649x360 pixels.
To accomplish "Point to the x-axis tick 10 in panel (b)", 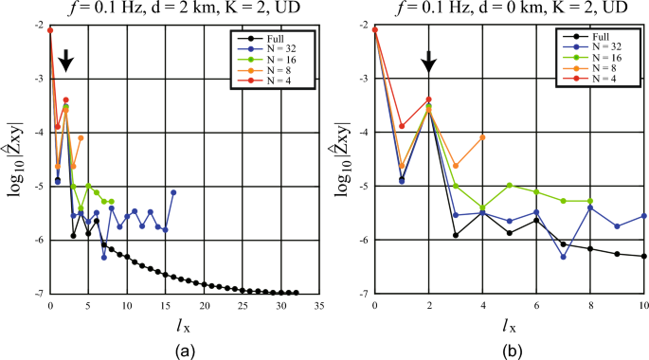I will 644,306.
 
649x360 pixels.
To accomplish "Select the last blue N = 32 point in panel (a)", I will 173,192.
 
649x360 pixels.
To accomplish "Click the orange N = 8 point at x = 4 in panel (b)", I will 483,136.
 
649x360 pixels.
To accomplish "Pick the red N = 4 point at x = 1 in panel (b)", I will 402,126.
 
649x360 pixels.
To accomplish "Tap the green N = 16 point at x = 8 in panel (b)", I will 590,201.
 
